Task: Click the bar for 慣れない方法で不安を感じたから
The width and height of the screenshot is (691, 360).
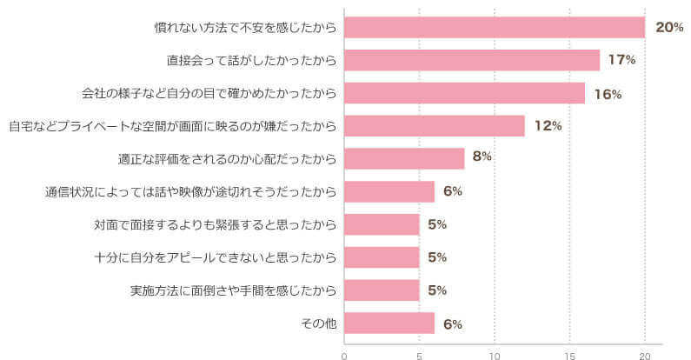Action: click(495, 27)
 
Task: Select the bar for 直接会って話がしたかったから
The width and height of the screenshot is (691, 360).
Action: click(472, 60)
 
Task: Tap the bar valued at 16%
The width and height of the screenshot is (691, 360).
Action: click(464, 93)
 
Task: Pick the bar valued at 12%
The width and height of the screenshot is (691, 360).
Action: click(435, 126)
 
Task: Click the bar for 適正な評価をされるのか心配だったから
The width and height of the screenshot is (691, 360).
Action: click(404, 158)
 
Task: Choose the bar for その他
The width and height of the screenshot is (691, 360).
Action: click(389, 323)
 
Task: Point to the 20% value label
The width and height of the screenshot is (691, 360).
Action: click(669, 28)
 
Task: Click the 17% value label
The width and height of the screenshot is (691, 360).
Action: click(622, 60)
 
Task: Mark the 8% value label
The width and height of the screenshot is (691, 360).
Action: click(482, 157)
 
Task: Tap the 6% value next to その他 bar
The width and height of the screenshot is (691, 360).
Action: click(452, 324)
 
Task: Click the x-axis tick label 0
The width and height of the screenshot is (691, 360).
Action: click(344, 355)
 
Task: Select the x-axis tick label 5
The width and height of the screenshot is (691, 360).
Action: click(420, 355)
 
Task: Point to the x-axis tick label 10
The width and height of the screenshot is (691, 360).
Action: click(495, 355)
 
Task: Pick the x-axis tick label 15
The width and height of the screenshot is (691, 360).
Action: click(569, 355)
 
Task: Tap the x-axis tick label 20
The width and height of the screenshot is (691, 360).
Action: click(645, 355)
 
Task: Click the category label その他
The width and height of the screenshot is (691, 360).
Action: click(318, 323)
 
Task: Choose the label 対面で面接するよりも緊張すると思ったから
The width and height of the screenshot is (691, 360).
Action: click(215, 224)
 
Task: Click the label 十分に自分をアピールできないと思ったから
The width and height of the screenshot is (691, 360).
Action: click(215, 257)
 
